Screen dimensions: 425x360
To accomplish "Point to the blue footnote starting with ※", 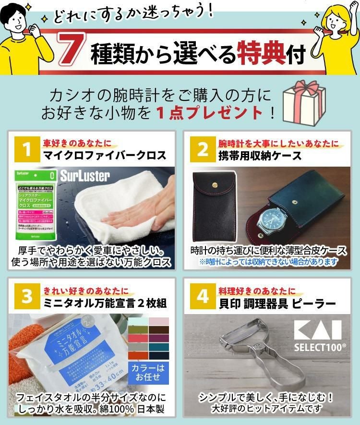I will point(268,262).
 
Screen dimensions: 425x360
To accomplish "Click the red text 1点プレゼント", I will point(211,113).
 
